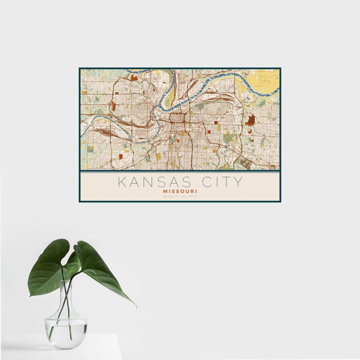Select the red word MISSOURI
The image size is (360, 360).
[x=180, y=191]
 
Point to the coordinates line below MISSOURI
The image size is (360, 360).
[x=180, y=196]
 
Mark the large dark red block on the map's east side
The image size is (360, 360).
[x=250, y=120]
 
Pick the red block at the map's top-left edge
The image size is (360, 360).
[x=134, y=78]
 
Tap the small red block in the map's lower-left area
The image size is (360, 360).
[x=120, y=156]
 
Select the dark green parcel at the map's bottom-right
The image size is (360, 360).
[x=245, y=164]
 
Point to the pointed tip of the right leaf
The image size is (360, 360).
[x=135, y=305]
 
